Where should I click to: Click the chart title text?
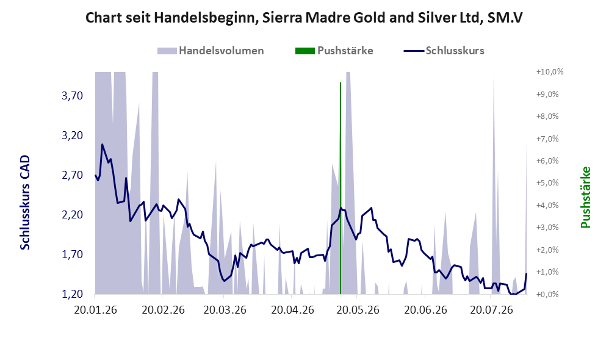(x=304, y=18)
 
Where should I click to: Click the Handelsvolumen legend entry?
(x=211, y=51)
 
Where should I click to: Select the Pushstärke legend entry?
(x=334, y=51)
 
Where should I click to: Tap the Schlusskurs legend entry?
(x=444, y=51)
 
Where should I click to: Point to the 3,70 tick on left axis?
(x=72, y=96)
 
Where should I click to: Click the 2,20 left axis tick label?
(x=72, y=215)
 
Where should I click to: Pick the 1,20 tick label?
(x=72, y=294)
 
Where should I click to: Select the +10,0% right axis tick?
(x=550, y=72)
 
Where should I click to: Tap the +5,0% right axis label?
(x=547, y=183)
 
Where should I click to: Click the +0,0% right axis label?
(x=547, y=294)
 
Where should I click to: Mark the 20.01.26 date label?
(x=95, y=311)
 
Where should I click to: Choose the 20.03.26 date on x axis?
(x=225, y=311)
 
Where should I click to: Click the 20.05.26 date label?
(x=358, y=311)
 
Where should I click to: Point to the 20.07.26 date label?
(x=491, y=311)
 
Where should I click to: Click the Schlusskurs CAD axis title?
(x=25, y=203)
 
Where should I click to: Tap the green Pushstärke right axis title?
(x=585, y=197)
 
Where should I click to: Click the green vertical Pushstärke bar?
(x=341, y=189)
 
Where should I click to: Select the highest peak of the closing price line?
(x=102, y=145)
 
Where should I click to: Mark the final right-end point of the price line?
(x=527, y=274)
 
